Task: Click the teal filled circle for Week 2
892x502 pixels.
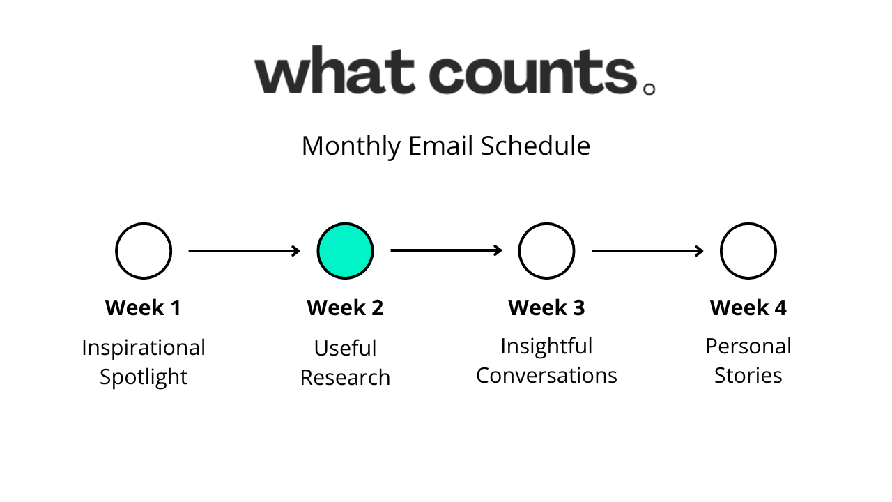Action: tap(345, 251)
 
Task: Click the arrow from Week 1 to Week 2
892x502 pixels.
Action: tap(244, 251)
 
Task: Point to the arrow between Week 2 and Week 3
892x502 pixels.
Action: tap(446, 250)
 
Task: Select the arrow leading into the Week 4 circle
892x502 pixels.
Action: tap(647, 251)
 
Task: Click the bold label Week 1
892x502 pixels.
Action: tap(144, 307)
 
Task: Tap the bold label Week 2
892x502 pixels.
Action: tap(345, 307)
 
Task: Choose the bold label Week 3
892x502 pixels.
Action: tap(546, 307)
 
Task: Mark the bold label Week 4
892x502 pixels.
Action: tap(748, 307)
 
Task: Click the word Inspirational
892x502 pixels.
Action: tap(144, 348)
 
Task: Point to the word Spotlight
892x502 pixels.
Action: tap(144, 377)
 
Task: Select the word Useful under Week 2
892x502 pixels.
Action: tap(345, 348)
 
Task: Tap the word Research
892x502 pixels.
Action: tap(345, 377)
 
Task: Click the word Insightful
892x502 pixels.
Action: tap(546, 347)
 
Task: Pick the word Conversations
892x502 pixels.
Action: tap(546, 375)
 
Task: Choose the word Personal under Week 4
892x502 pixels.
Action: tap(748, 347)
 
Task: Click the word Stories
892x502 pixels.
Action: tap(748, 375)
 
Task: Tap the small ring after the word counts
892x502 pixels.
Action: tap(649, 84)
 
